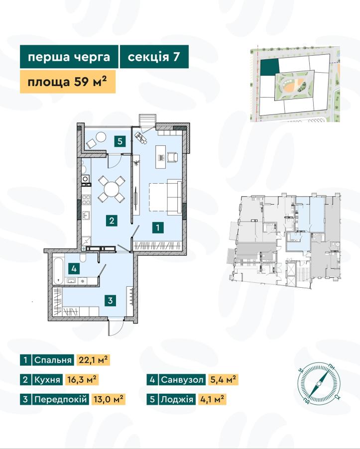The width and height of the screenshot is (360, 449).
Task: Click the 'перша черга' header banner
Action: coord(69,56)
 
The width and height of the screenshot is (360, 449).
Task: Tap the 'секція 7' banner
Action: coord(154,56)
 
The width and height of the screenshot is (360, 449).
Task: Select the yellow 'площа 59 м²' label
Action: coord(68,82)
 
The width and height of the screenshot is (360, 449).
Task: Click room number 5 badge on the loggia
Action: coord(120,141)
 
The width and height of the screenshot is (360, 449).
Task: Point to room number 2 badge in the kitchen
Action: coord(112,221)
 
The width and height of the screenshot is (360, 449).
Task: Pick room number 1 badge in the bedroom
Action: coord(158,227)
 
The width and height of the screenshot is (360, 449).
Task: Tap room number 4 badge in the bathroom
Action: coord(74,269)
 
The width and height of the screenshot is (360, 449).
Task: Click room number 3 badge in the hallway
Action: coord(110,300)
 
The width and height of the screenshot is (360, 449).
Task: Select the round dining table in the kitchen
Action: coord(112,189)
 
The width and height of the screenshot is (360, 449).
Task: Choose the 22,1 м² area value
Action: coord(93,360)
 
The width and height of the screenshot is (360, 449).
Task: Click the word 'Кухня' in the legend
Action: coord(47,380)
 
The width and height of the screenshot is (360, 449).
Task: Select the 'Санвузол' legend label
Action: coord(182,380)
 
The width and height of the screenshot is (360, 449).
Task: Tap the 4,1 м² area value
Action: coord(212,399)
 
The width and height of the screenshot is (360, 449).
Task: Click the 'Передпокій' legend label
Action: coord(60,399)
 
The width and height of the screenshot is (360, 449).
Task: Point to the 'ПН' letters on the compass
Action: coord(332,367)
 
